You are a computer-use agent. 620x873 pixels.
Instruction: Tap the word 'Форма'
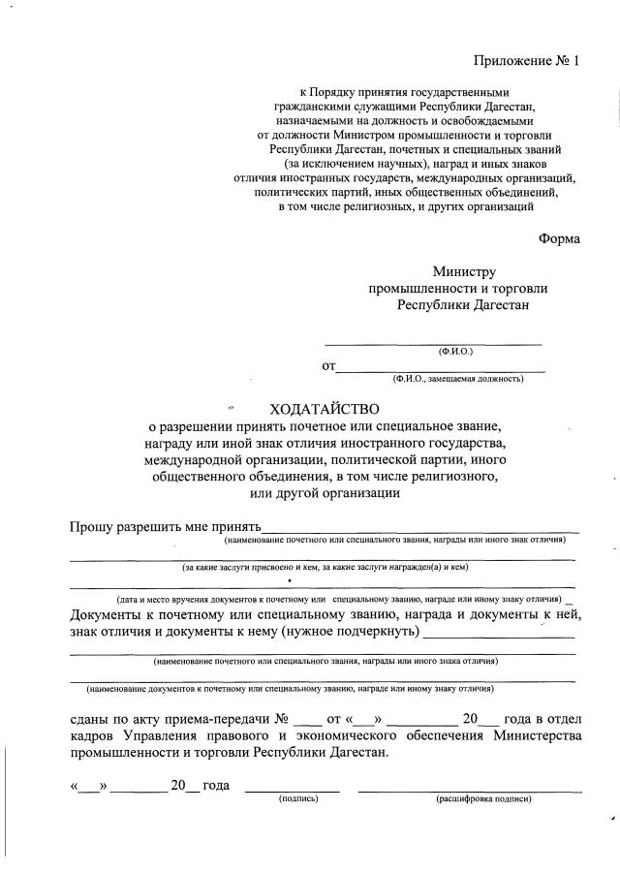tap(559, 239)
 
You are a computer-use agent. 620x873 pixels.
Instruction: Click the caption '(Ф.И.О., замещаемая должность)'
tap(458, 379)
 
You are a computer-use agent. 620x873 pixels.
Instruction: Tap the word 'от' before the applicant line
tap(328, 366)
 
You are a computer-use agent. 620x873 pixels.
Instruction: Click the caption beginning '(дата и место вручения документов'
tap(339, 601)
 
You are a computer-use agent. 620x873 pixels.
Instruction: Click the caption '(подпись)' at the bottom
tap(298, 799)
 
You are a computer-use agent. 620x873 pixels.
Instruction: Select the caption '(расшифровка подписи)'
tap(483, 799)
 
